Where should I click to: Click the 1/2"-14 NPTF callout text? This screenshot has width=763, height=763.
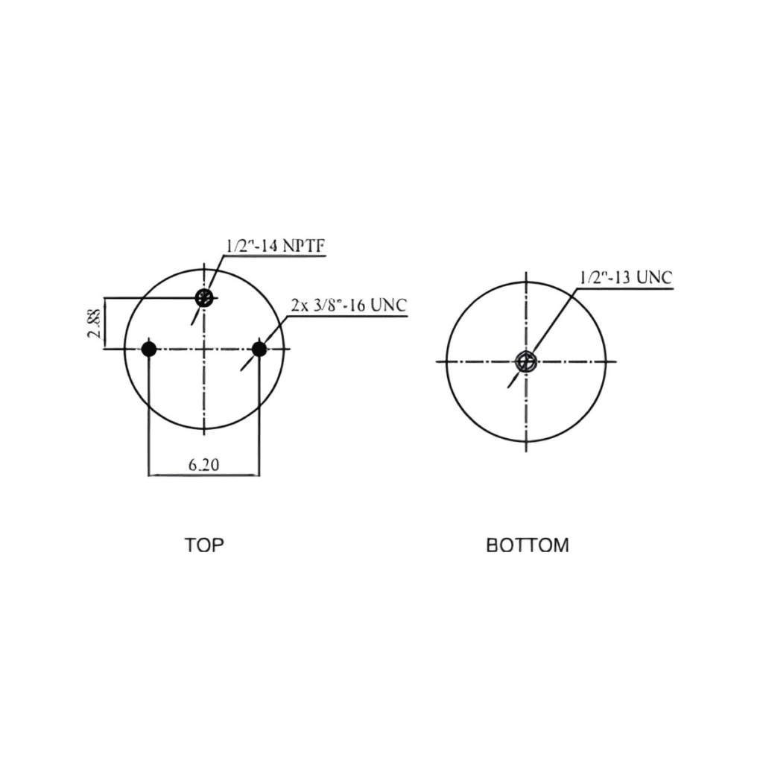tap(275, 247)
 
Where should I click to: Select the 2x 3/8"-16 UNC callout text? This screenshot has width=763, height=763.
tap(349, 305)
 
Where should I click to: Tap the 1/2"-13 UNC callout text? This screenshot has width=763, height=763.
tap(626, 278)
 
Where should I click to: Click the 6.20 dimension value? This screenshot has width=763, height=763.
tap(204, 465)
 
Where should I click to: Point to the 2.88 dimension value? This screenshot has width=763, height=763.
tap(95, 323)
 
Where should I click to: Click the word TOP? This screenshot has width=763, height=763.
tap(204, 545)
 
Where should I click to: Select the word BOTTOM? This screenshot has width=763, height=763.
tap(528, 545)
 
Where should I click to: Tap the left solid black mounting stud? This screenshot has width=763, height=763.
tap(148, 349)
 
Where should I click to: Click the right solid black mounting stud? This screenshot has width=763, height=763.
tap(259, 349)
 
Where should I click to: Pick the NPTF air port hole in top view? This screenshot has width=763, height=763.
tap(204, 297)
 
